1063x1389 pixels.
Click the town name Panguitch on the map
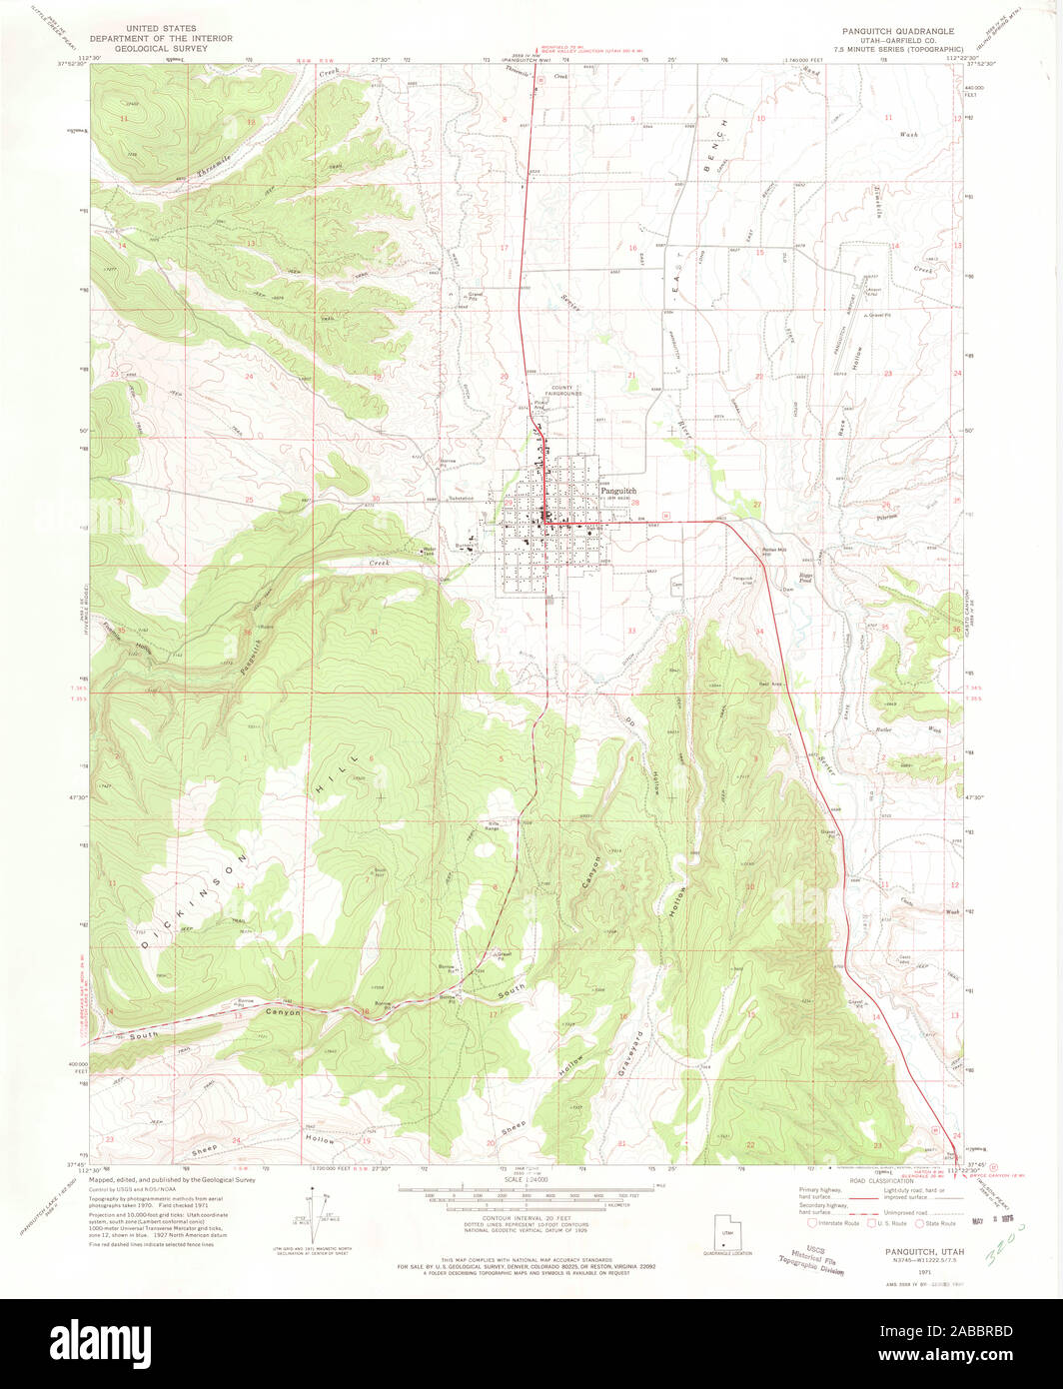coord(617,491)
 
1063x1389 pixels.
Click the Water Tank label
coord(431,550)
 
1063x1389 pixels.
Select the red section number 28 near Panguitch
coord(635,503)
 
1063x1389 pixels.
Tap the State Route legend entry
coord(937,1223)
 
